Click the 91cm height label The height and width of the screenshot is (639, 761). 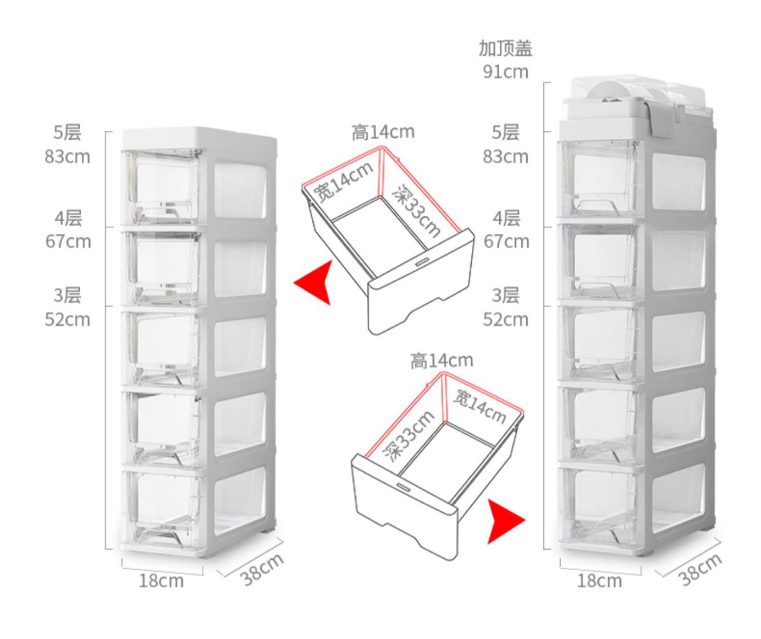pyautogui.click(x=505, y=72)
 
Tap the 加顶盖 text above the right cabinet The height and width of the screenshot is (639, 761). pyautogui.click(x=505, y=48)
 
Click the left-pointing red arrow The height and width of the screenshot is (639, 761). pyautogui.click(x=315, y=282)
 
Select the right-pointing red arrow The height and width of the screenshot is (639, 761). pyautogui.click(x=504, y=520)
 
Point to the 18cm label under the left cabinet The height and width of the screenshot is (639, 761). pyautogui.click(x=161, y=581)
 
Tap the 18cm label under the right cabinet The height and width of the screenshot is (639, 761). pyautogui.click(x=599, y=581)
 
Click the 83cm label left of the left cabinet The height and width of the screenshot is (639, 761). pyautogui.click(x=67, y=157)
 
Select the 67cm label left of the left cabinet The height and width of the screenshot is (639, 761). pyautogui.click(x=68, y=242)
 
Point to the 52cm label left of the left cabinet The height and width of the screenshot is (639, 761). pyautogui.click(x=67, y=320)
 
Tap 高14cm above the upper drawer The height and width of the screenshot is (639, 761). pyautogui.click(x=383, y=133)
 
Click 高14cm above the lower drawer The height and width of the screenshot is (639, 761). pyautogui.click(x=442, y=361)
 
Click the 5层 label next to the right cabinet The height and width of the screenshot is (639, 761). pyautogui.click(x=505, y=133)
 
